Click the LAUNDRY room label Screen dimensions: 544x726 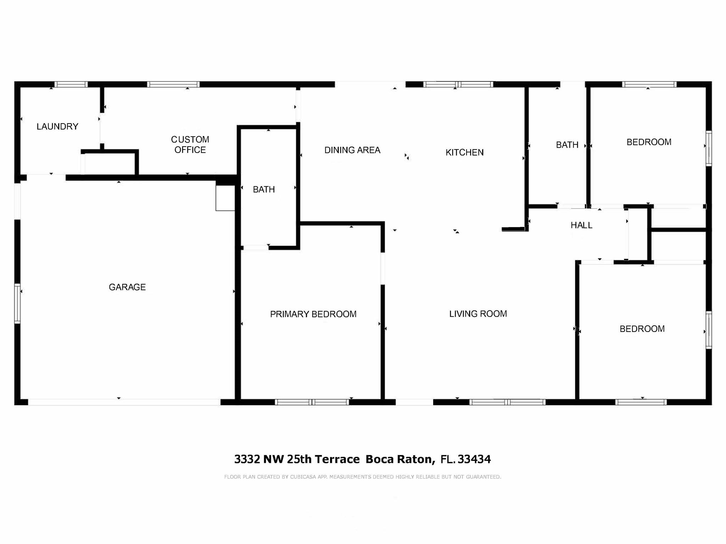[57, 126]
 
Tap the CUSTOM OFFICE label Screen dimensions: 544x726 [190, 144]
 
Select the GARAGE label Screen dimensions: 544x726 [127, 287]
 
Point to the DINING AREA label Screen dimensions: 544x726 [352, 150]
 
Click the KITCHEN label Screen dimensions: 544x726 [464, 152]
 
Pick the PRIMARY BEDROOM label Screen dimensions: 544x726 [313, 314]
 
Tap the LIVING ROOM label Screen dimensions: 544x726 [478, 314]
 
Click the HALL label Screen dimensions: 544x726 [581, 225]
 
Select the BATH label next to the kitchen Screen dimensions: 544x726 [567, 145]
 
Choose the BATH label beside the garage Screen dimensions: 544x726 [264, 189]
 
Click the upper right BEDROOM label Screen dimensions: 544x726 [649, 142]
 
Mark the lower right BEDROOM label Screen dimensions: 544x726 [642, 329]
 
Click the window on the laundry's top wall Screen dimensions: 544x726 [71, 84]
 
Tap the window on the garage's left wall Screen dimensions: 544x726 [17, 303]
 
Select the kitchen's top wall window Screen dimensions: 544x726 [458, 84]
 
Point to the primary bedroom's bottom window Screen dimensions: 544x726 [312, 402]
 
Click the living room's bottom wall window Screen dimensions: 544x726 [507, 402]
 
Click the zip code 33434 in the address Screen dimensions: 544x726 [474, 459]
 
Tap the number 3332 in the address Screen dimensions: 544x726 [247, 459]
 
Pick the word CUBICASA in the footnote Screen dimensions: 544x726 [303, 477]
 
